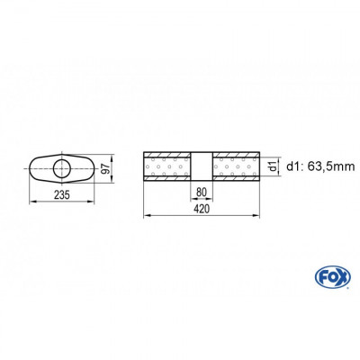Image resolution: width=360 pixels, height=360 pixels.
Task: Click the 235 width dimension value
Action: [x=62, y=196]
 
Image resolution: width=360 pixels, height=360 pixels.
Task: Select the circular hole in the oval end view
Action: [x=63, y=167]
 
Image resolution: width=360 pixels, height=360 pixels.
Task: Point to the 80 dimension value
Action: [x=201, y=191]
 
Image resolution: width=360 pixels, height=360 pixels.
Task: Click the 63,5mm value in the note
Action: [x=319, y=166]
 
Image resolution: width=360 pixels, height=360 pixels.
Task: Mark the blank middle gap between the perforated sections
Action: [x=201, y=167]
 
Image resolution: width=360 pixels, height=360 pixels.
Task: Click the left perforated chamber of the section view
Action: [x=167, y=167]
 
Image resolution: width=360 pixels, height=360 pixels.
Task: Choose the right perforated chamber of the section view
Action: [x=235, y=167]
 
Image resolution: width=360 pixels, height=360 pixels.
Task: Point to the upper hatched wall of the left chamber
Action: [x=167, y=152]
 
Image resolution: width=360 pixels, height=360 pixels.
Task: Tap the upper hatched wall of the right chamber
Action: [x=235, y=152]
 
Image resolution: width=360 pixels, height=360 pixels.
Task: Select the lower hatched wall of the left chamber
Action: [x=167, y=183]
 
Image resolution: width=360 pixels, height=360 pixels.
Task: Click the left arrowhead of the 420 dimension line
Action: [x=147, y=214]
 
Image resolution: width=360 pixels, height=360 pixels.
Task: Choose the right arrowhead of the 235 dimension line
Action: [x=94, y=203]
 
